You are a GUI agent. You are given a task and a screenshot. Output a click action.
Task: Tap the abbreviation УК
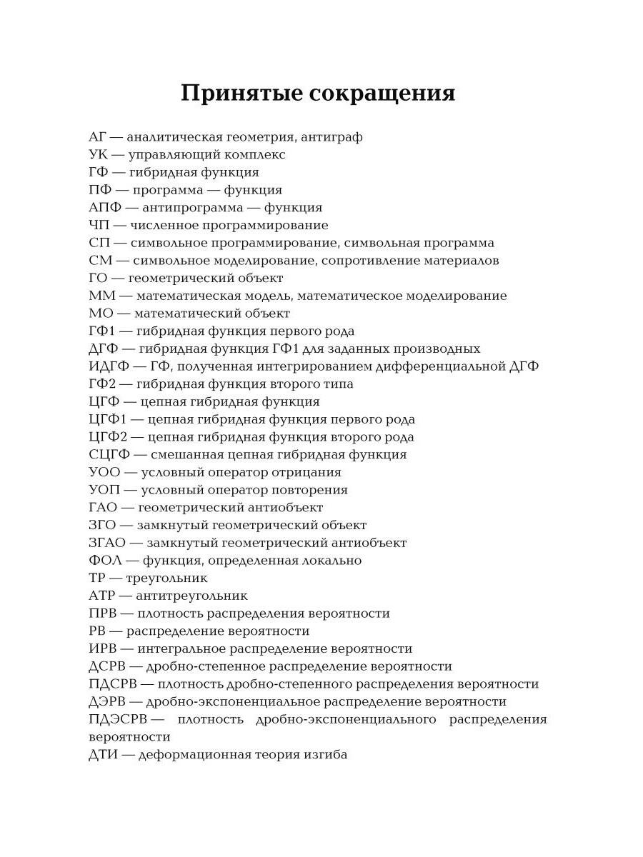point(98,155)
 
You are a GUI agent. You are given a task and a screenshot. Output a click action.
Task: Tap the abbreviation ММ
point(103,296)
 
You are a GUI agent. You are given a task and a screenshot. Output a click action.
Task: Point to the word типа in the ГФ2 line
point(339,384)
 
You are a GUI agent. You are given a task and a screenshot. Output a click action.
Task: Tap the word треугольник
point(167,578)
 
